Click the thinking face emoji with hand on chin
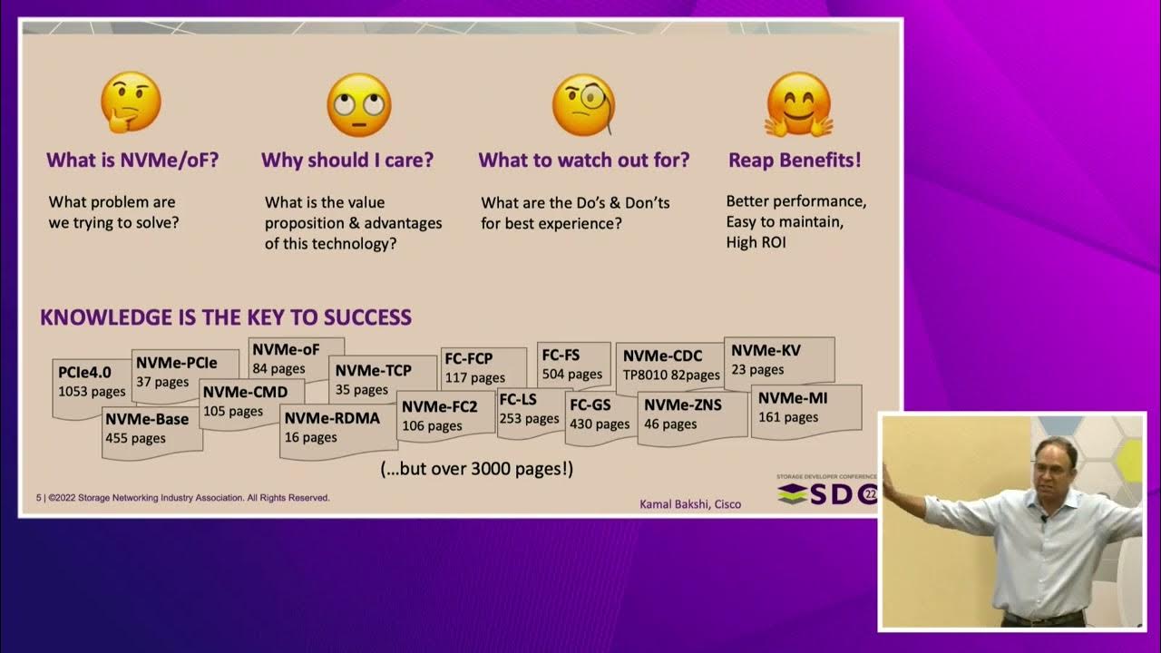pyautogui.click(x=131, y=102)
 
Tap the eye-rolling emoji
pyautogui.click(x=358, y=104)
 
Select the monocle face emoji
pyautogui.click(x=583, y=104)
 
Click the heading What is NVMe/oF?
pyautogui.click(x=132, y=161)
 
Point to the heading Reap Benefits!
pyautogui.click(x=795, y=161)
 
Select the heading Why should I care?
pyautogui.click(x=347, y=161)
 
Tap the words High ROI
pyautogui.click(x=755, y=242)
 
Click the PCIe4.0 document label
pyautogui.click(x=85, y=372)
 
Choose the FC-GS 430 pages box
pyautogui.click(x=599, y=414)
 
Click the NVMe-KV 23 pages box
pyautogui.click(x=766, y=359)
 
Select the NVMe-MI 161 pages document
pyautogui.click(x=793, y=407)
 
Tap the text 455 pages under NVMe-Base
pyautogui.click(x=136, y=438)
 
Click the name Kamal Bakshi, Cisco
pyautogui.click(x=691, y=504)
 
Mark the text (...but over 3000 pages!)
pyautogui.click(x=476, y=470)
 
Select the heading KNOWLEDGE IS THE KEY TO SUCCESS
pyautogui.click(x=226, y=317)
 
